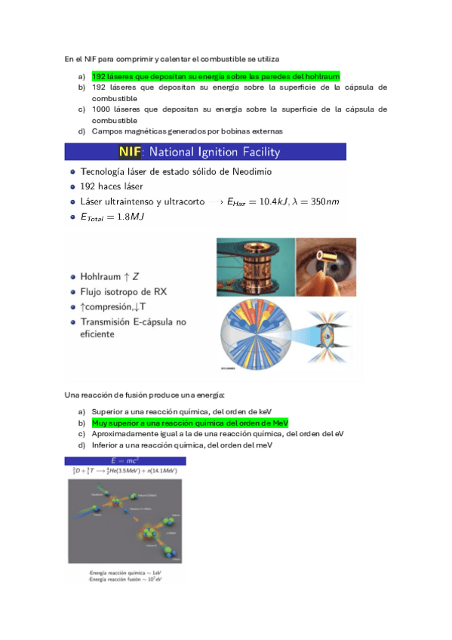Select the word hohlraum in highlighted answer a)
pos(320,76)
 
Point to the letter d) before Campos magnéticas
pos(81,131)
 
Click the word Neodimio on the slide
pos(250,171)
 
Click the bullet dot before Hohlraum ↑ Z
pos(71,275)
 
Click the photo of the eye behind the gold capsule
pos(325,266)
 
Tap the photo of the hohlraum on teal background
pos(254,266)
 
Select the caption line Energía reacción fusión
pos(122,578)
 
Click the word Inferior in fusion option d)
pos(106,445)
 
